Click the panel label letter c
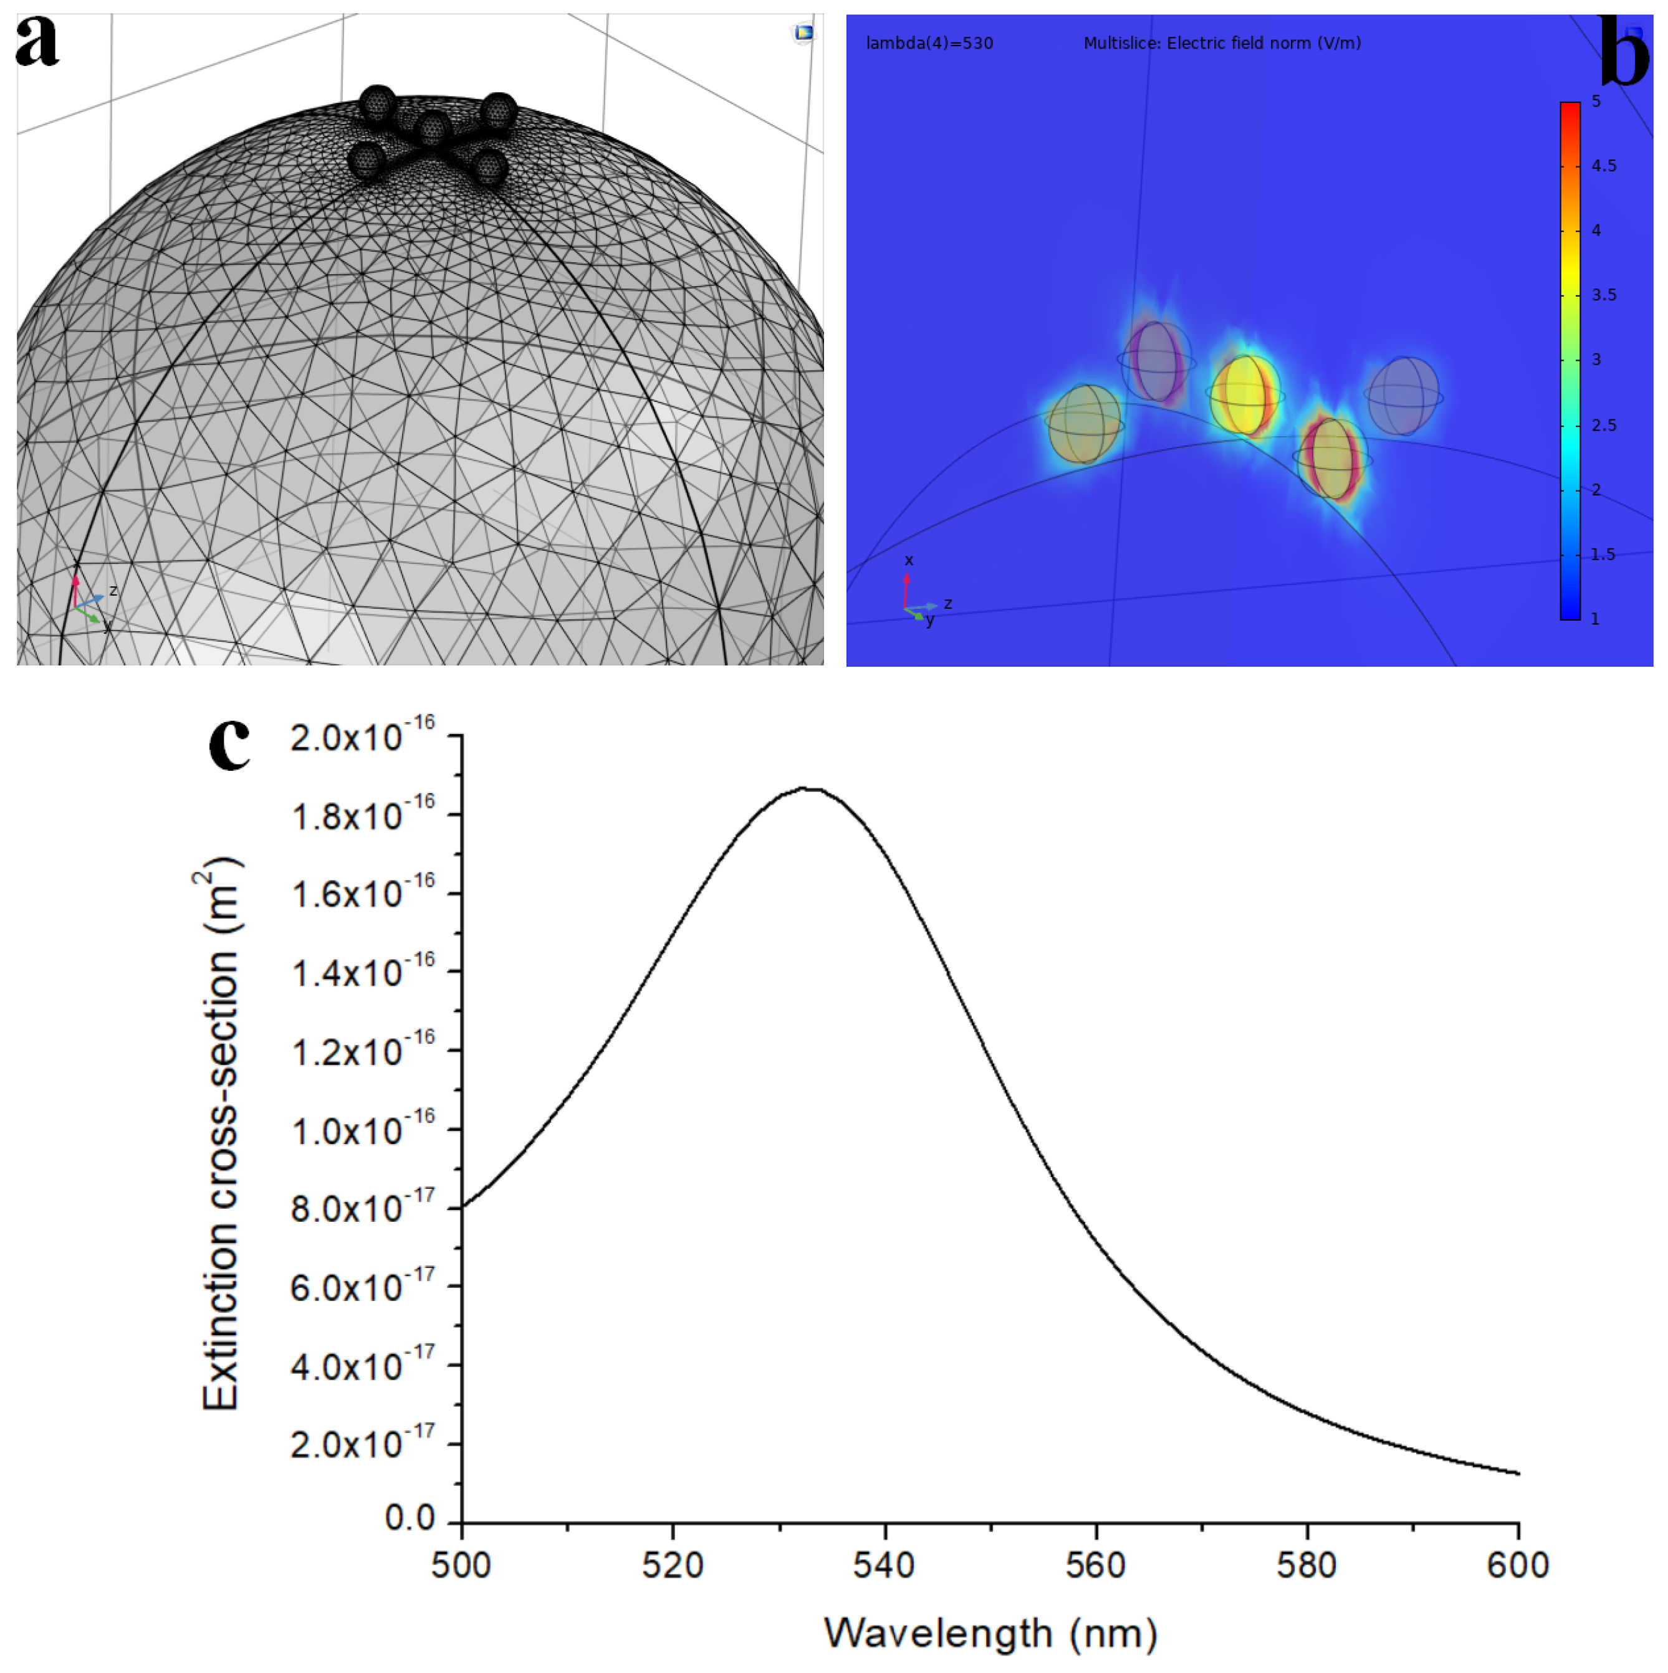coord(229,743)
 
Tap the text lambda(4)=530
coord(929,43)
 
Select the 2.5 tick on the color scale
coord(1603,425)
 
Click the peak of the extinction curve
coord(805,789)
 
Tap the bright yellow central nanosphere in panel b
coord(1245,396)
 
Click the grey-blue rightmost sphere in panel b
coord(1403,396)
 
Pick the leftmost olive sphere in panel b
coord(1085,424)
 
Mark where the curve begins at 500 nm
coord(463,1206)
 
